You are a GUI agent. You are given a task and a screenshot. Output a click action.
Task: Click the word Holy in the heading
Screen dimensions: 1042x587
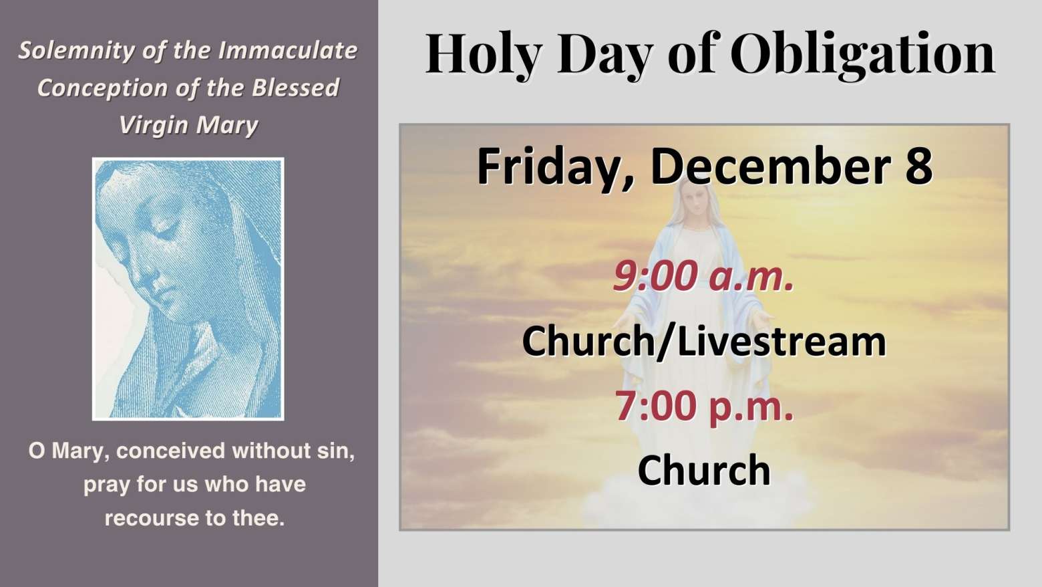pos(484,54)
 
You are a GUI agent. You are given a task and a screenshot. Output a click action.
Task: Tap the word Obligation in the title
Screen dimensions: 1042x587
pos(862,54)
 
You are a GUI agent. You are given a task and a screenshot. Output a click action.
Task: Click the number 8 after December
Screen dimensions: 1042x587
pos(919,166)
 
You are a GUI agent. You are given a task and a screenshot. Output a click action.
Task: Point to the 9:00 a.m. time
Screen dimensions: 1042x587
pos(703,275)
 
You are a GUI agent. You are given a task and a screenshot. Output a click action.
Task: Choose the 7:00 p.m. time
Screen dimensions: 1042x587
pos(704,406)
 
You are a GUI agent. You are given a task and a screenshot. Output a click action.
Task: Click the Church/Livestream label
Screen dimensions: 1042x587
pos(704,341)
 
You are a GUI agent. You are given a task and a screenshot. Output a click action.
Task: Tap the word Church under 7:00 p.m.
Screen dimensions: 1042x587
pos(704,469)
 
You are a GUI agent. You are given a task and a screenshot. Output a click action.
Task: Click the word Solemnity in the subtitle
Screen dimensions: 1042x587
pos(76,51)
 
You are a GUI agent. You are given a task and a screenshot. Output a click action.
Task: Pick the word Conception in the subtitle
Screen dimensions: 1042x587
pos(102,88)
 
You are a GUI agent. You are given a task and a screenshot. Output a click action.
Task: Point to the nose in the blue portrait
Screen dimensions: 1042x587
pos(140,275)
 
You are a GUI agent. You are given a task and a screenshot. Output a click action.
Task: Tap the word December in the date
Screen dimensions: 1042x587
pos(770,166)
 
